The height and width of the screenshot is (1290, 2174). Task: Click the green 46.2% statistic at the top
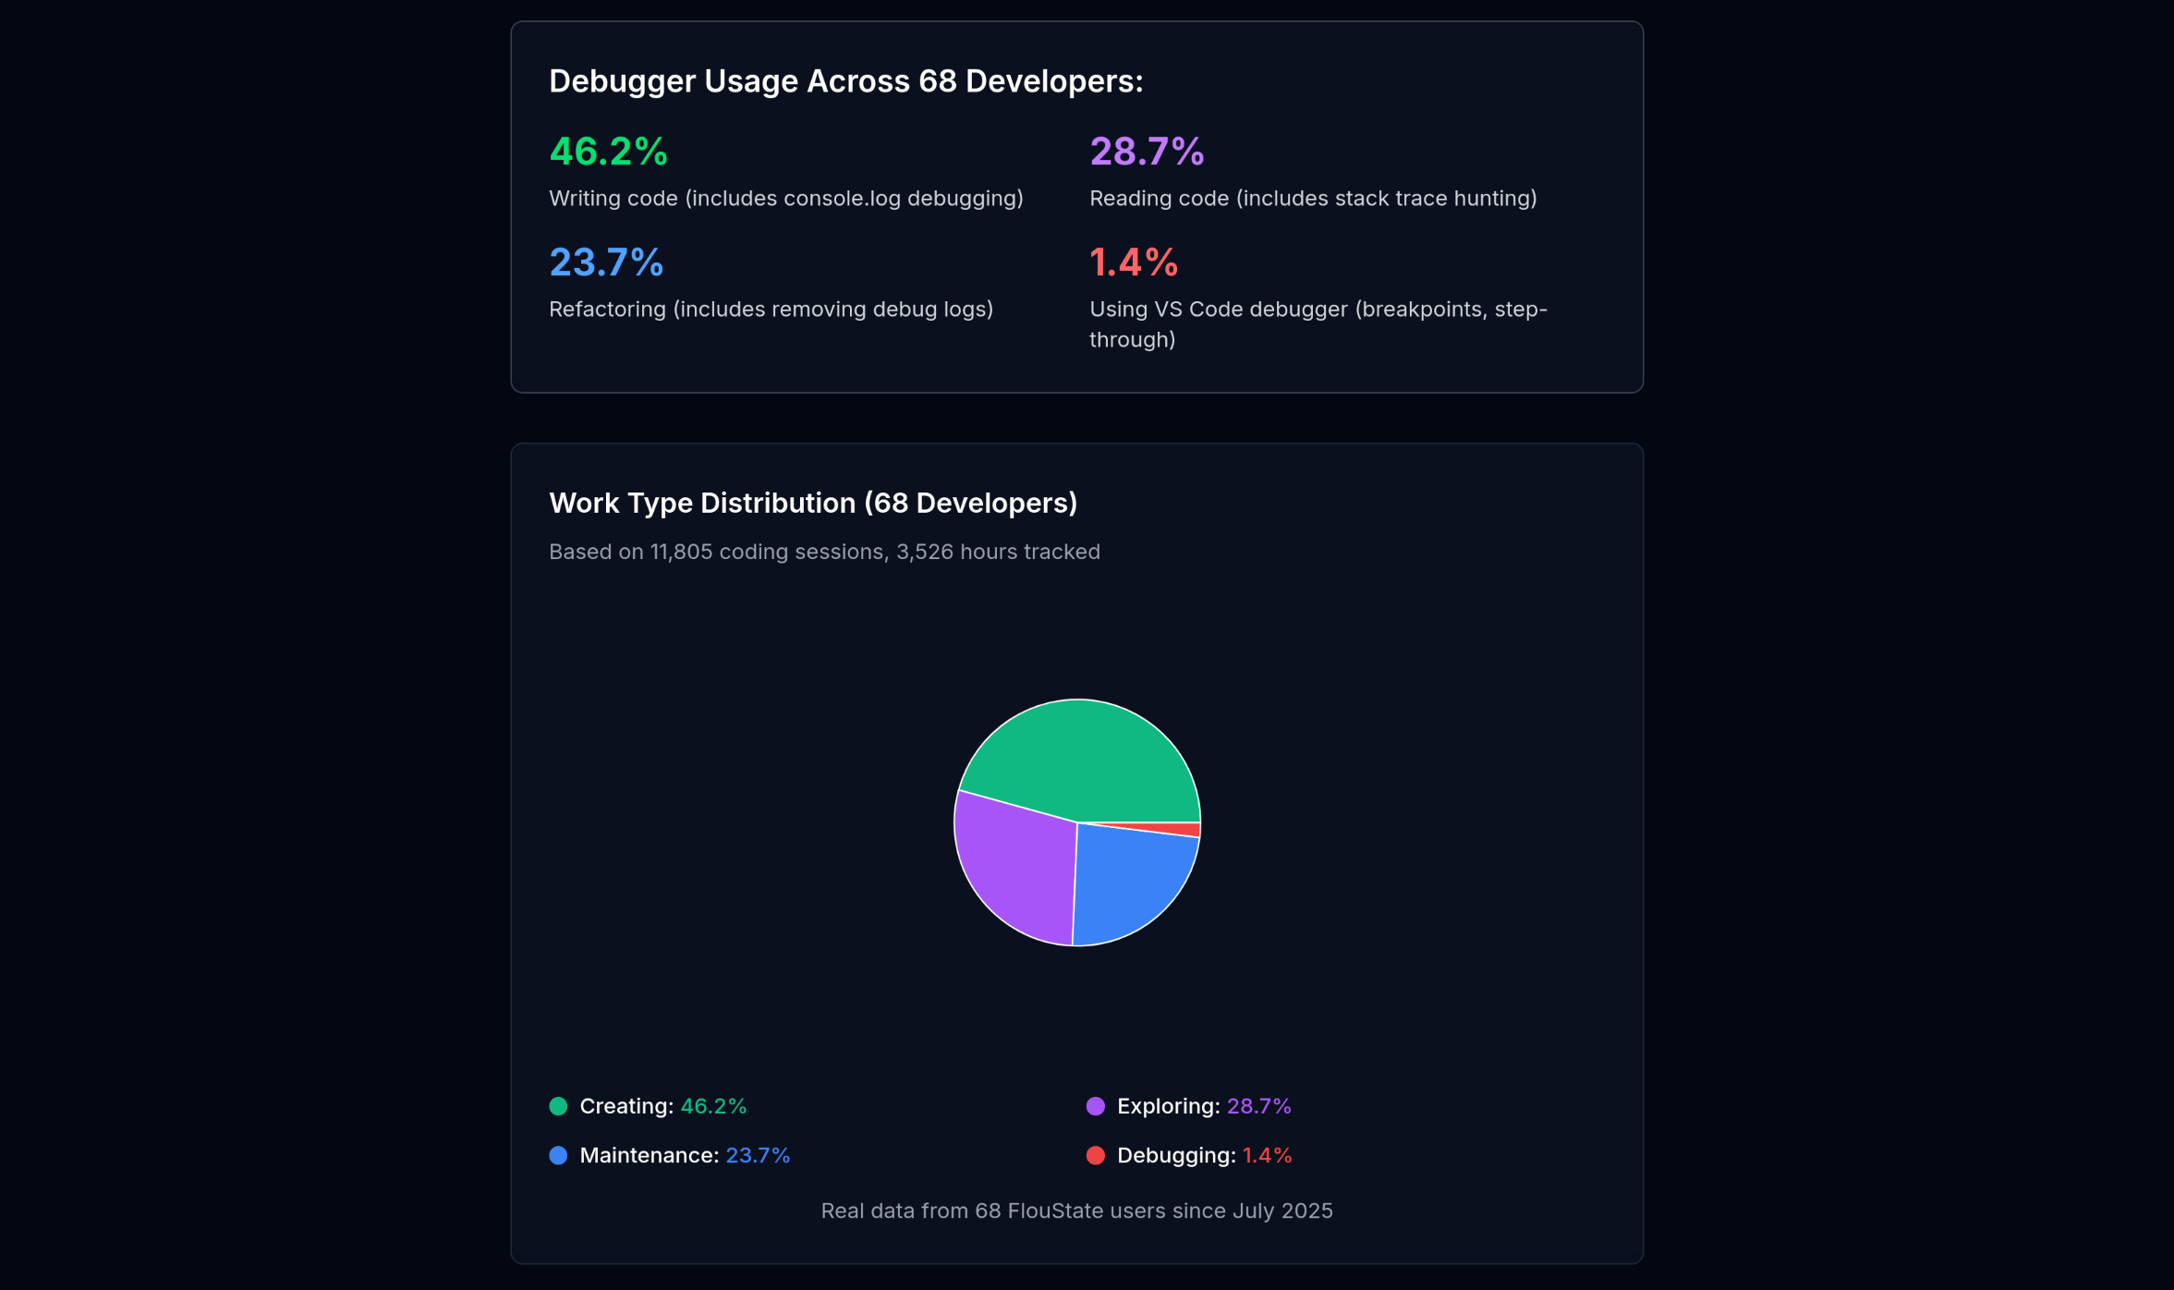(x=608, y=152)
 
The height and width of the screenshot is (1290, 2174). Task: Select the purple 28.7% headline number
(x=1147, y=152)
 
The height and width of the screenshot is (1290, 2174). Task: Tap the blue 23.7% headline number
(x=606, y=262)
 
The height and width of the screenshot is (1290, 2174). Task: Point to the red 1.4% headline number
(x=1134, y=262)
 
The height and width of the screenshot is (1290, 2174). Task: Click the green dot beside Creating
(x=558, y=1106)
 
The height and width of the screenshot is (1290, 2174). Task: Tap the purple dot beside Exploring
(x=1096, y=1106)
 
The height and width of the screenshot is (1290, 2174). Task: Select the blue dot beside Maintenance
(x=558, y=1155)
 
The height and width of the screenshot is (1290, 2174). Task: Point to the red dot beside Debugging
(x=1096, y=1155)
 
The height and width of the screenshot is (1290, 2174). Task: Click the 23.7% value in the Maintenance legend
(x=758, y=1155)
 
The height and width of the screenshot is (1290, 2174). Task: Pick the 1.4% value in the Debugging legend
(x=1267, y=1155)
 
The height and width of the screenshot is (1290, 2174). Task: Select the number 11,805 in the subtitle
(x=681, y=552)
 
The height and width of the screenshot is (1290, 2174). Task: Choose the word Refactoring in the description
(x=607, y=310)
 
